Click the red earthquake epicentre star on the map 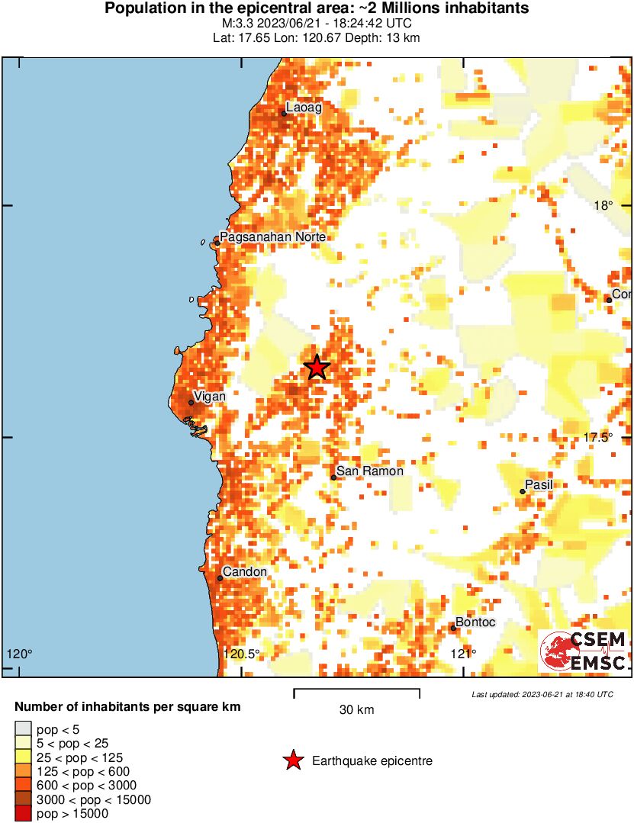(x=317, y=368)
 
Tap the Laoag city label (x=304, y=108)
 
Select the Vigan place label (x=210, y=397)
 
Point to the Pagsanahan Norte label (x=273, y=237)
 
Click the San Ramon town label (x=370, y=471)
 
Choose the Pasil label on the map (x=539, y=485)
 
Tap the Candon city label (x=245, y=572)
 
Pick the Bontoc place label (x=475, y=622)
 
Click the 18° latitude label (x=603, y=205)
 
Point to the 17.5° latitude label (x=599, y=437)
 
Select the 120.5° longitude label (x=242, y=654)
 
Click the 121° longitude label (x=462, y=654)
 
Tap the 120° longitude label (x=20, y=654)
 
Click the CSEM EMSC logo (x=584, y=652)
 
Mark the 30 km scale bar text (x=356, y=710)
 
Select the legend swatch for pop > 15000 (x=24, y=814)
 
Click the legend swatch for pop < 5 (x=24, y=730)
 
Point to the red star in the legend (x=292, y=760)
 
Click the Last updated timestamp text (x=542, y=695)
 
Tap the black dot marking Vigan (x=191, y=403)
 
